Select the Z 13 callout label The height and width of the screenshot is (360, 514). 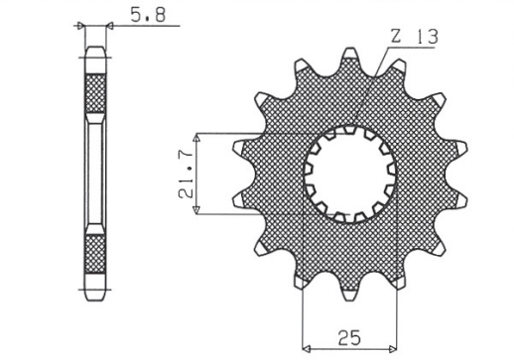(x=410, y=38)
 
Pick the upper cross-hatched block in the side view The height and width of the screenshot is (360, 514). (x=96, y=95)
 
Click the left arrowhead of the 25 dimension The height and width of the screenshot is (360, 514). (x=307, y=348)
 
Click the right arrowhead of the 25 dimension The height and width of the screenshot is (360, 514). (x=394, y=348)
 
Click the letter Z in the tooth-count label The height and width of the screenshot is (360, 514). (x=396, y=38)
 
